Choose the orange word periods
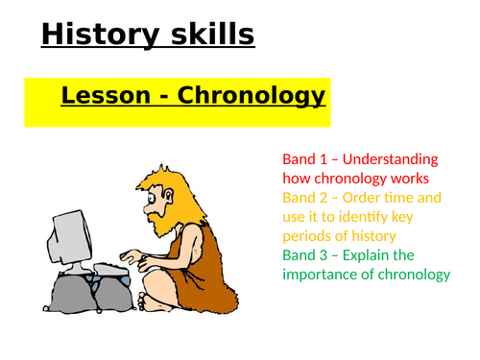306,236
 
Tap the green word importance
322,275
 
